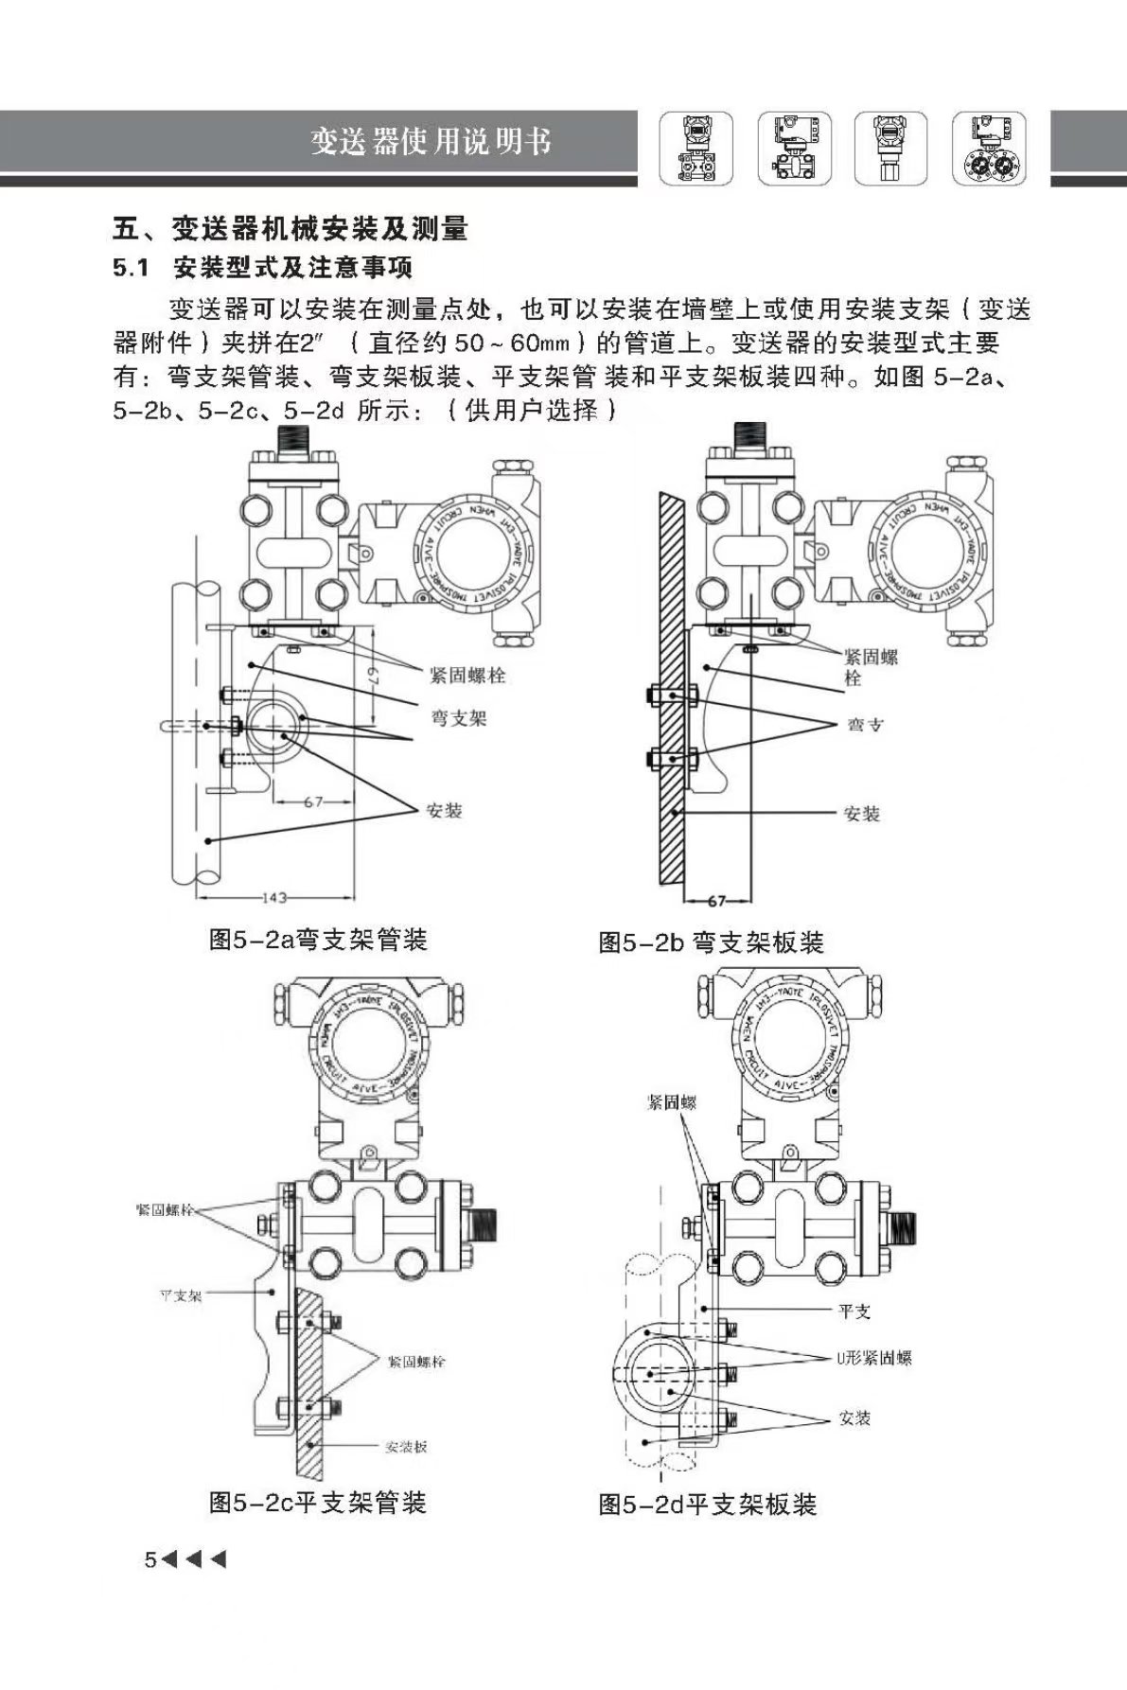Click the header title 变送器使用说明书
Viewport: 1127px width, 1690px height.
[431, 142]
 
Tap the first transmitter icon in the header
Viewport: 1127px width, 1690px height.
[696, 149]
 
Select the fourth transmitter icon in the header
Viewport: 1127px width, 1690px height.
[988, 149]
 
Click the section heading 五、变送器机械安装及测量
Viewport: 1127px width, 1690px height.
[290, 228]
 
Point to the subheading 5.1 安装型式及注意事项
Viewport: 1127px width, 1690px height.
[262, 269]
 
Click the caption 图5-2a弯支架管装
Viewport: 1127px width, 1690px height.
[318, 940]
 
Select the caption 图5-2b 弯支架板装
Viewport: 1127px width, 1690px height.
[711, 942]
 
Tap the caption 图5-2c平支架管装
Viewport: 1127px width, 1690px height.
[318, 1502]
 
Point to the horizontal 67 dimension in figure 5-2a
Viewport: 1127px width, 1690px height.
[313, 801]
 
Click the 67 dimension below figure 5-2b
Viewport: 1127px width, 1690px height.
[716, 901]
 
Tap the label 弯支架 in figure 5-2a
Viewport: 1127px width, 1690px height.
[459, 718]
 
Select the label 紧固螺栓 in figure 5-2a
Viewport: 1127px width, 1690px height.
[467, 675]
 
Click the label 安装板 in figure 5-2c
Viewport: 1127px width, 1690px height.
[406, 1447]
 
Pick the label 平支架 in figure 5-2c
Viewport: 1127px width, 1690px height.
[180, 1295]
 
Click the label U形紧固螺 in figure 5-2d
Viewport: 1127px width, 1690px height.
[872, 1358]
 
